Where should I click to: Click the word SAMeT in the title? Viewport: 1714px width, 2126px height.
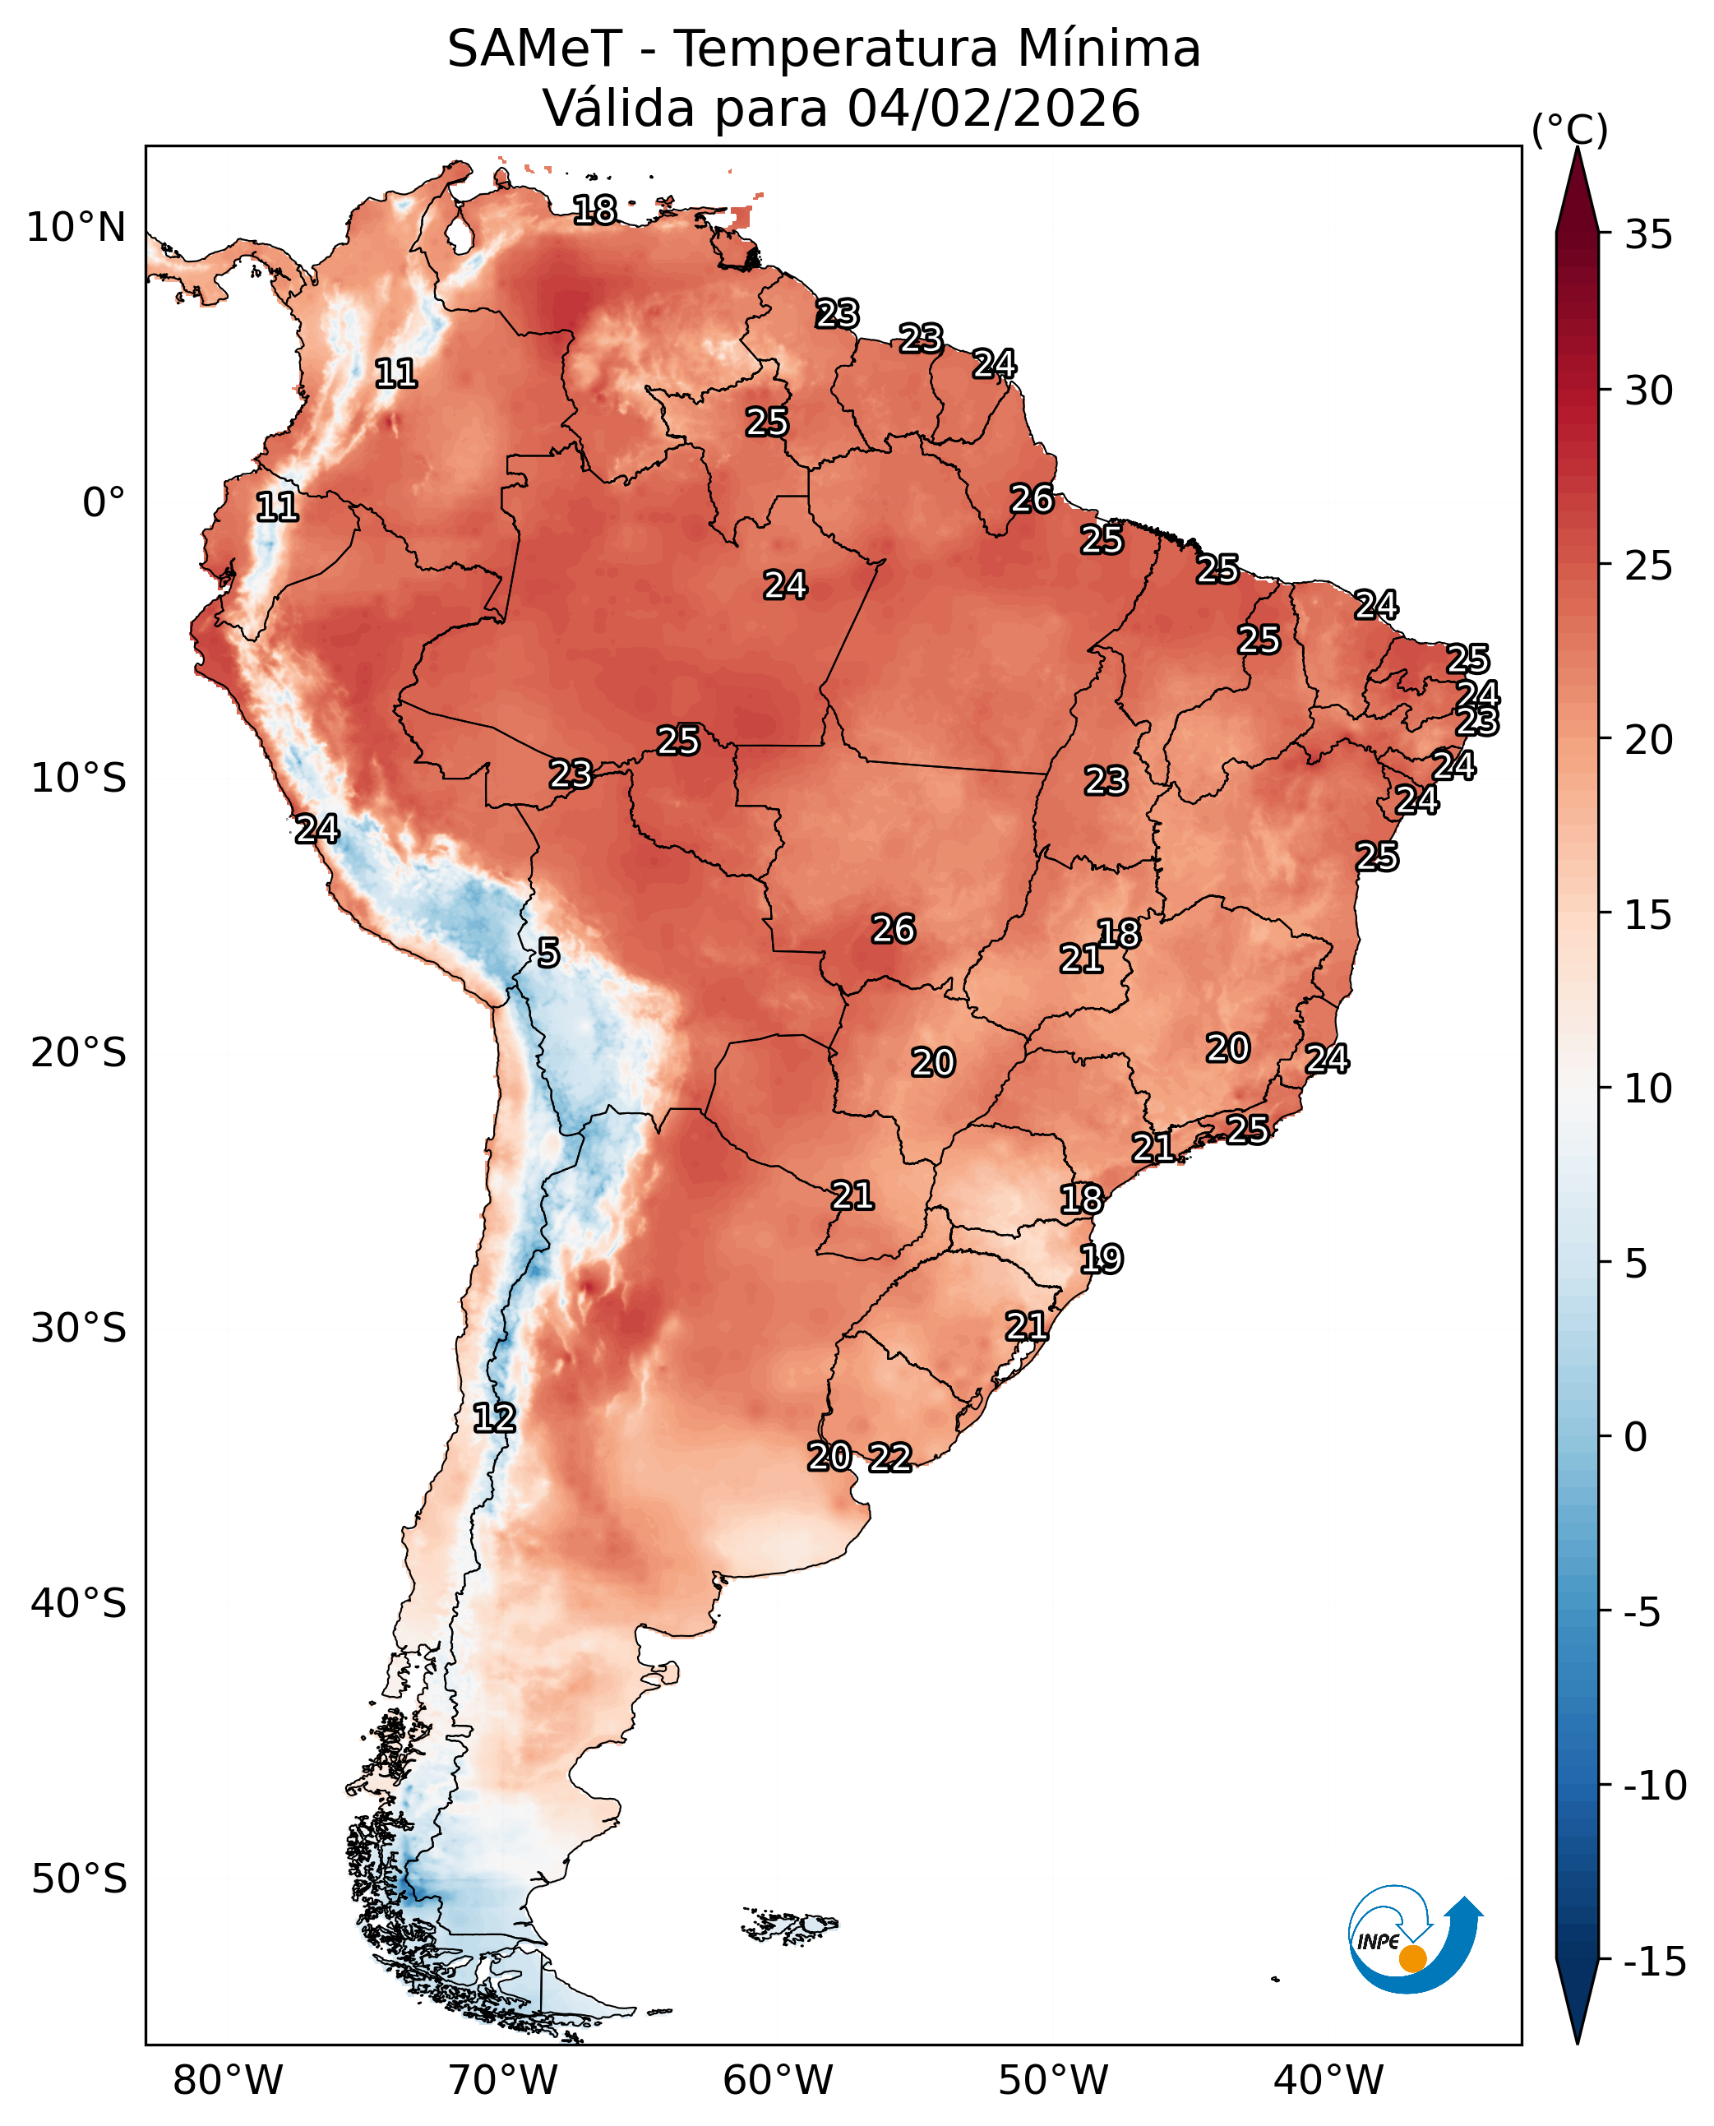[534, 49]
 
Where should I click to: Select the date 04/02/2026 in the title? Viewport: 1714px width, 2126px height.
[993, 109]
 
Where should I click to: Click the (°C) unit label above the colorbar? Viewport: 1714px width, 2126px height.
[1568, 129]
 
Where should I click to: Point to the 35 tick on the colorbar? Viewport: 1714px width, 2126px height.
[1649, 235]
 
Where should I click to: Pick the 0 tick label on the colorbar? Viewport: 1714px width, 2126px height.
[1636, 1438]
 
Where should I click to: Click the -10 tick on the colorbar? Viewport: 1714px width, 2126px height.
[1655, 1786]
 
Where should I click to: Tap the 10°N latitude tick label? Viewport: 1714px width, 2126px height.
[76, 228]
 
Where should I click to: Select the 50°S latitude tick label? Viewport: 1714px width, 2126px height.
[78, 1879]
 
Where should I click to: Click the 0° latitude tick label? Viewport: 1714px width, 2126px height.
[104, 502]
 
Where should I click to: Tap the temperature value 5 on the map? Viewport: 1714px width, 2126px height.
[549, 953]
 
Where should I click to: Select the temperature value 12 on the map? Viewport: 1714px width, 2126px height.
[494, 1419]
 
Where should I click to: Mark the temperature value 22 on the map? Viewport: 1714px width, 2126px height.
[889, 1458]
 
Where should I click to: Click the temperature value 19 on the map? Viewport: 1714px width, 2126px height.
[1101, 1259]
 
